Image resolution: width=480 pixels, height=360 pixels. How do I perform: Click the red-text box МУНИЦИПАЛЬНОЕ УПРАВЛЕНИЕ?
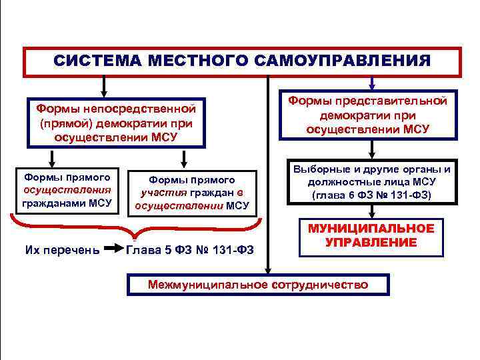tap(371, 235)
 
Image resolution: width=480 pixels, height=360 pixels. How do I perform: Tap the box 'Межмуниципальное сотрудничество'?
tap(258, 285)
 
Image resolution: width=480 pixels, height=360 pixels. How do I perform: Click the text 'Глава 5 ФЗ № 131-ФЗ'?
tap(198, 250)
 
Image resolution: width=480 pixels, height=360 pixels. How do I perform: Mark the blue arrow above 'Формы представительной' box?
tap(371, 82)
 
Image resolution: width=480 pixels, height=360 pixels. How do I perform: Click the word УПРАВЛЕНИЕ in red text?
tap(371, 243)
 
